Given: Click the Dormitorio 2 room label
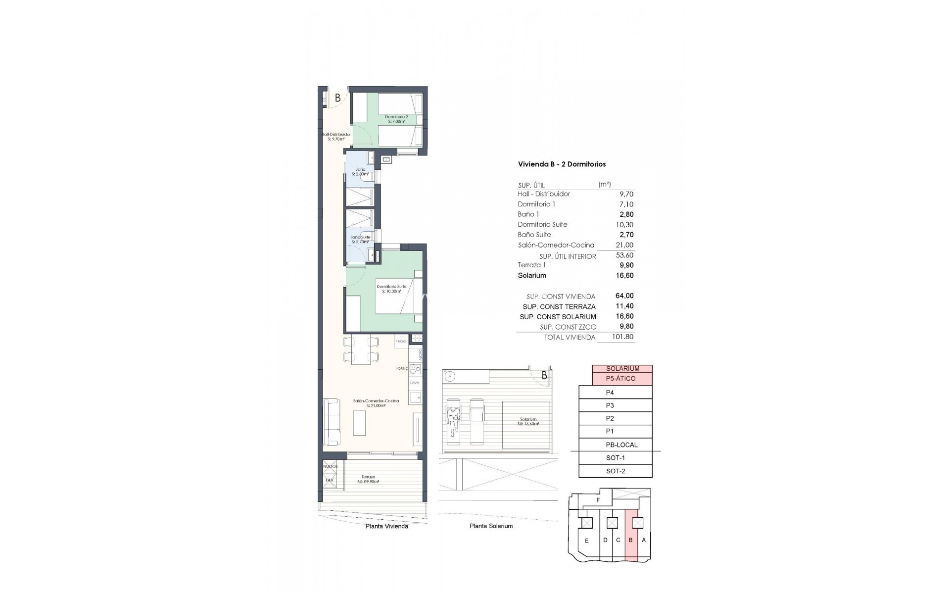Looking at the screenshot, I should (396, 119).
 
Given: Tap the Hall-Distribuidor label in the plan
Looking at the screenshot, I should (336, 136).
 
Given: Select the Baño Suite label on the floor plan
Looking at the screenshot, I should (360, 240).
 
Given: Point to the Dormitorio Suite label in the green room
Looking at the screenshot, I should (391, 289).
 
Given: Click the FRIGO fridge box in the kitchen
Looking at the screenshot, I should (401, 341).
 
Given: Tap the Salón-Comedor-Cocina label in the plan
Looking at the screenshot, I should (376, 403).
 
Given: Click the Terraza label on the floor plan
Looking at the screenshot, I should (368, 479).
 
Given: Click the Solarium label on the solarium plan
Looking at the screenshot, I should (528, 421).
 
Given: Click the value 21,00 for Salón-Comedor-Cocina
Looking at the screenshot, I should (626, 245).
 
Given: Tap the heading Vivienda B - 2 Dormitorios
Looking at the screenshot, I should (562, 164).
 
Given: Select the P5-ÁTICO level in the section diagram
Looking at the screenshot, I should (621, 379).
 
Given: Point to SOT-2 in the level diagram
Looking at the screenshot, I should (616, 471).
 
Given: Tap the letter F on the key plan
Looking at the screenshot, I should (598, 500).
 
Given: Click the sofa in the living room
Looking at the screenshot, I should (332, 422).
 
